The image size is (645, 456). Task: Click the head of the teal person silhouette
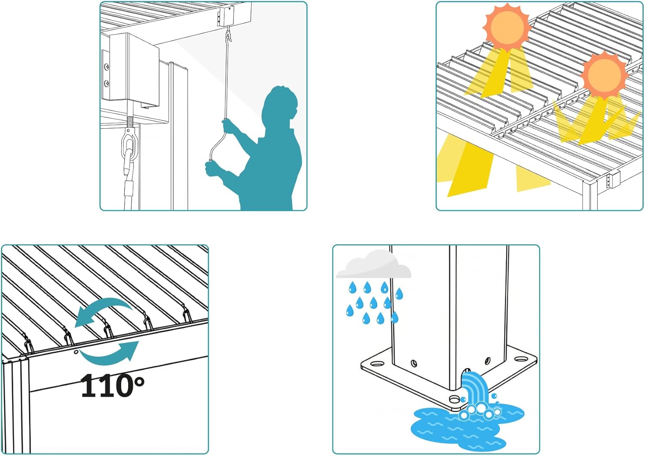point(280,103)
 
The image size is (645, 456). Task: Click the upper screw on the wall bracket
point(107,67)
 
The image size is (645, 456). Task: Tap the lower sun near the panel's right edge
point(604,75)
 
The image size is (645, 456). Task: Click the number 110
point(107,385)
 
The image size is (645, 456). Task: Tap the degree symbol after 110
point(139,382)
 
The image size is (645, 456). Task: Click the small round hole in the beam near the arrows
point(76,352)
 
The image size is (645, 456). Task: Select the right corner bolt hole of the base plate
point(521,359)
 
